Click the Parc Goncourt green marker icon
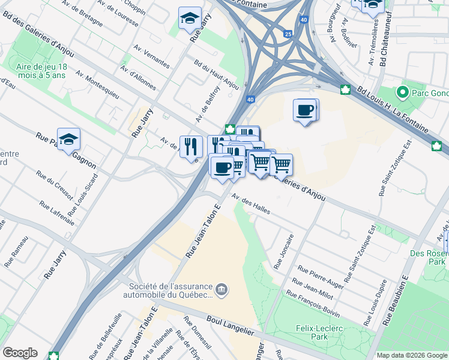point(402,93)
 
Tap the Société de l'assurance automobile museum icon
point(222,290)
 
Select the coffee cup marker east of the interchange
point(306,110)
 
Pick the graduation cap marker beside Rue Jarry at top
point(190,19)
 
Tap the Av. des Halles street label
point(252,205)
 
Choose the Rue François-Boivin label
point(312,304)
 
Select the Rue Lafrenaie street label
point(58,212)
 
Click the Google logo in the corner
point(20,353)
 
